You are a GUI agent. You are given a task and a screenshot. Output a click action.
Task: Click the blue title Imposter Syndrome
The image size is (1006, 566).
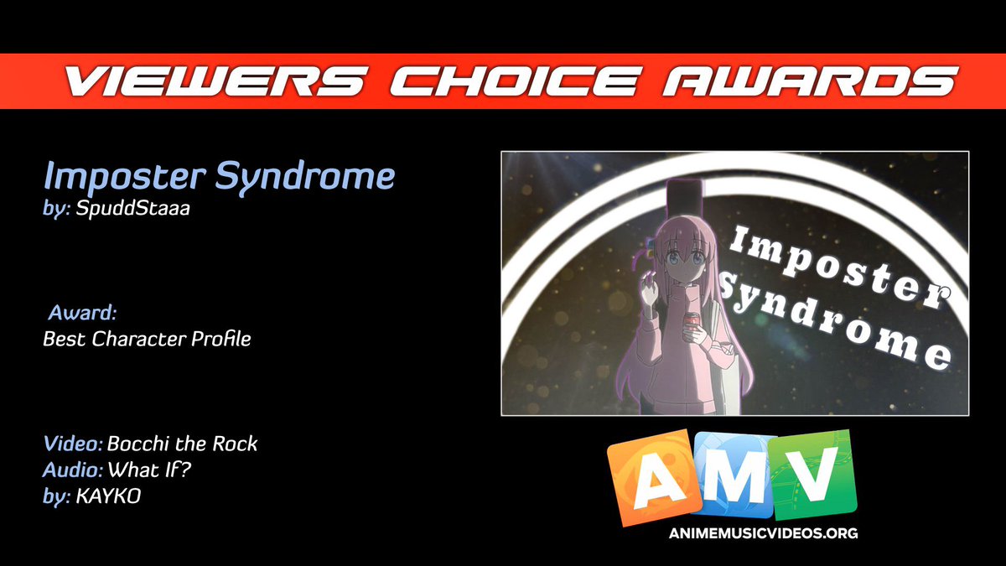pyautogui.click(x=219, y=178)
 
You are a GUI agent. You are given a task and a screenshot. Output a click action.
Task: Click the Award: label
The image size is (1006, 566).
pyautogui.click(x=81, y=314)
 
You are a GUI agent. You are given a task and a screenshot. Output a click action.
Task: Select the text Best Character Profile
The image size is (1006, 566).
pyautogui.click(x=147, y=340)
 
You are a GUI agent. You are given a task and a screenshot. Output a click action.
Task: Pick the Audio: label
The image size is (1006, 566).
pyautogui.click(x=72, y=470)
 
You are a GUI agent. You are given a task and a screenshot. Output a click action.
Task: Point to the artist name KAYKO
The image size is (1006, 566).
pyautogui.click(x=108, y=496)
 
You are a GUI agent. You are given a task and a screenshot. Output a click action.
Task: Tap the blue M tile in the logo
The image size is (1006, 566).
pyautogui.click(x=732, y=474)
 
